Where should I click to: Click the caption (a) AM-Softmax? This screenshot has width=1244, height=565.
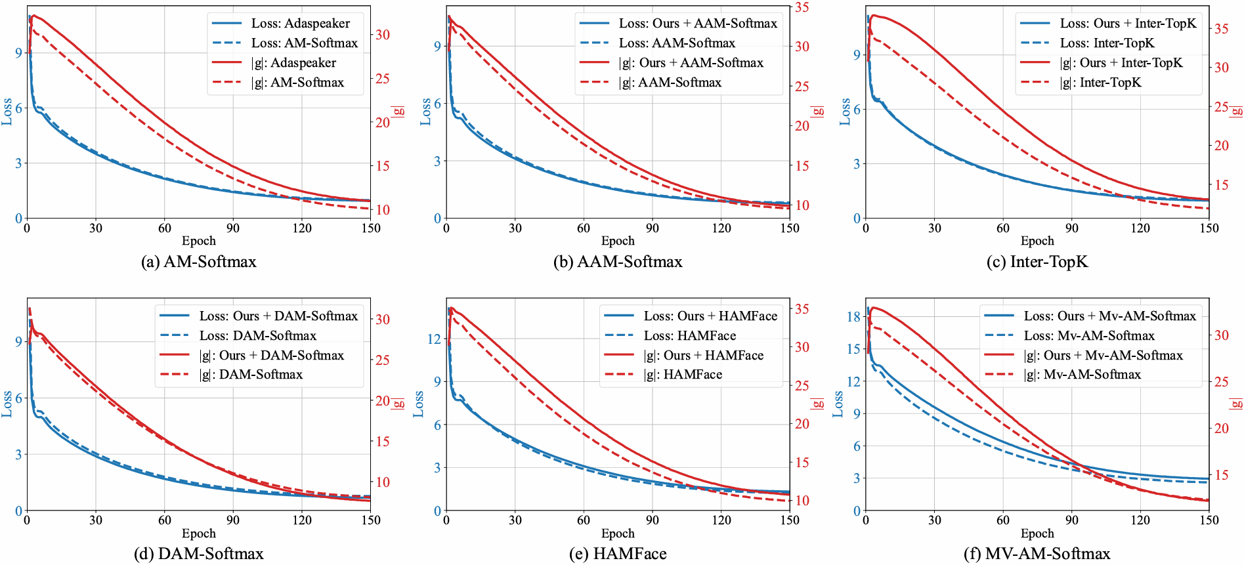pos(198,262)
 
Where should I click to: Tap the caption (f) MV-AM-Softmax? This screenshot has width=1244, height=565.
pos(1037,554)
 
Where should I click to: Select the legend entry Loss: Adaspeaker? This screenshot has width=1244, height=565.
pos(300,24)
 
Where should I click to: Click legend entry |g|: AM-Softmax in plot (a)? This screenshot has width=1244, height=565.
pos(297,83)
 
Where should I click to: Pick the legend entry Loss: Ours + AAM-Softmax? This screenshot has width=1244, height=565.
pos(697,24)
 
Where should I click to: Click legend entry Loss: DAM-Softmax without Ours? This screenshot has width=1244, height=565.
pos(257,336)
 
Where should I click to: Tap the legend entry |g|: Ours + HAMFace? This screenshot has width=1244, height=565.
pos(703,356)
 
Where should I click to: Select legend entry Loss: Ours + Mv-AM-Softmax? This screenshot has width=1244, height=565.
pos(1109,316)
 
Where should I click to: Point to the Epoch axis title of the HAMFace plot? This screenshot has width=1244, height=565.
pos(618,534)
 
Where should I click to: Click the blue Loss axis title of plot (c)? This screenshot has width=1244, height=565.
pos(845,112)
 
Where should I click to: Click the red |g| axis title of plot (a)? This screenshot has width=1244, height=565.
pos(398,112)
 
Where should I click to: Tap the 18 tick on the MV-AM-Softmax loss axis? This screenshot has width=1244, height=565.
pos(853,317)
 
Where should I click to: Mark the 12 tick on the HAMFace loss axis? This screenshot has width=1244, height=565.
pos(434,339)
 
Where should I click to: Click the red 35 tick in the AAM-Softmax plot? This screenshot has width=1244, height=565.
pos(802,8)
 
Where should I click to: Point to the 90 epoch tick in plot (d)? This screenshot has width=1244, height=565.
pos(233,520)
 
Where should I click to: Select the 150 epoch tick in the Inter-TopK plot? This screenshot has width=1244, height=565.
pos(1209,228)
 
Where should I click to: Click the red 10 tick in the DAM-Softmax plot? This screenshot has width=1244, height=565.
pos(383,482)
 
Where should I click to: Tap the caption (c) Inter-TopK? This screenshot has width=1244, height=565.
pos(1037,262)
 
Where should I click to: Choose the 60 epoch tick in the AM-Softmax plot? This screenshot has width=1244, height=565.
pos(165,228)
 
